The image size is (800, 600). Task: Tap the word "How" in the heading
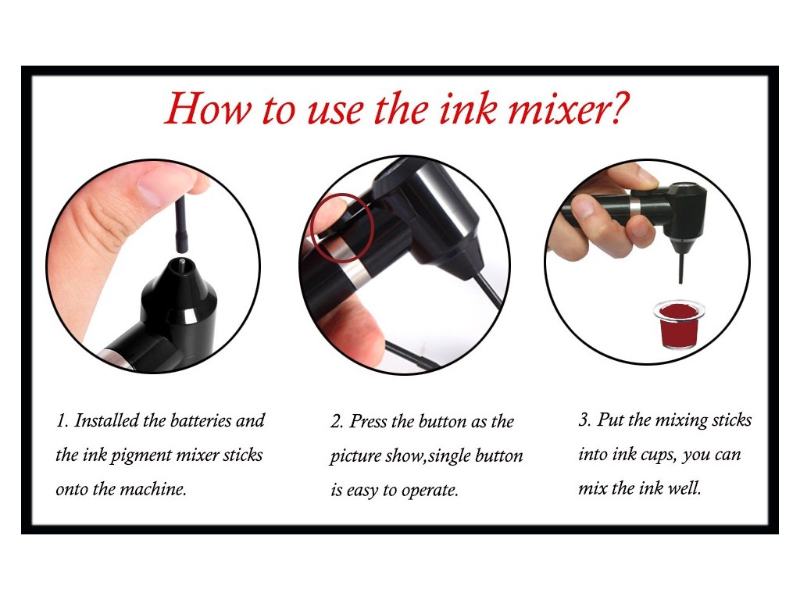tap(208, 108)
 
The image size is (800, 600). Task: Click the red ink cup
tap(679, 324)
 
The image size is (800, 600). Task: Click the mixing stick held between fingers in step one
tap(181, 224)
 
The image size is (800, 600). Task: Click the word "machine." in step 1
tap(153, 489)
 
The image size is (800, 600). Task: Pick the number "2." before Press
tap(337, 422)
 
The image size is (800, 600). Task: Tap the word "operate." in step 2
tap(430, 491)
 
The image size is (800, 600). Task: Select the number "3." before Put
tap(585, 420)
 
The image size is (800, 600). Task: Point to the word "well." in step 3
tap(684, 488)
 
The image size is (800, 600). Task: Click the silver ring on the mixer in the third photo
tap(634, 208)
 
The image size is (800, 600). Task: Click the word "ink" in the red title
tap(469, 108)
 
